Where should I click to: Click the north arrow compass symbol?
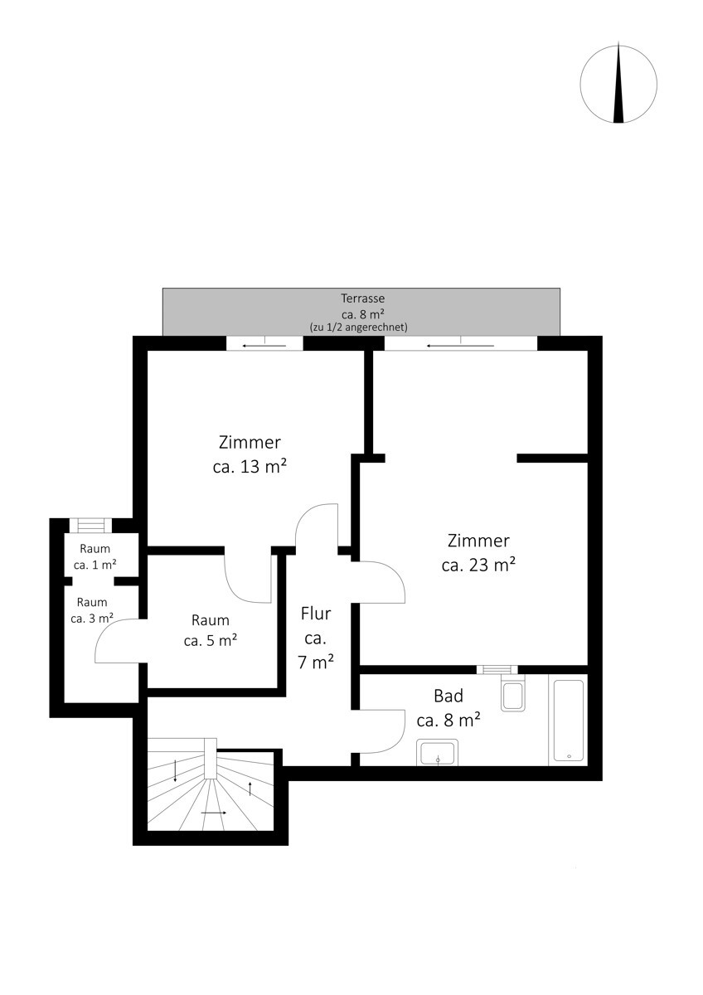pos(618,84)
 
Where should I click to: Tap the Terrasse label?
pos(362,298)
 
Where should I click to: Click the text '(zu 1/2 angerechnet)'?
pos(358,328)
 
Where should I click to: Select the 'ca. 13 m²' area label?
pos(250,467)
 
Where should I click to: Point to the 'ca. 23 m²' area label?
pos(478,565)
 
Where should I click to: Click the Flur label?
pos(316,614)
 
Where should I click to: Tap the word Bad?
pos(448,696)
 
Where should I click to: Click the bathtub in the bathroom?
pos(568,721)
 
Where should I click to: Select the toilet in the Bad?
pos(513,693)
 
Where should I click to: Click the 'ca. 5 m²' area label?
pos(211,640)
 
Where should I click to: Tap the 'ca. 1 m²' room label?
pos(95,565)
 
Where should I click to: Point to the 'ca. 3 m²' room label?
pos(92,619)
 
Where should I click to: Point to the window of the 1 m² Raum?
pos(90,526)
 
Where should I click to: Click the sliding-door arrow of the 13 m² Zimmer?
pos(264,346)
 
